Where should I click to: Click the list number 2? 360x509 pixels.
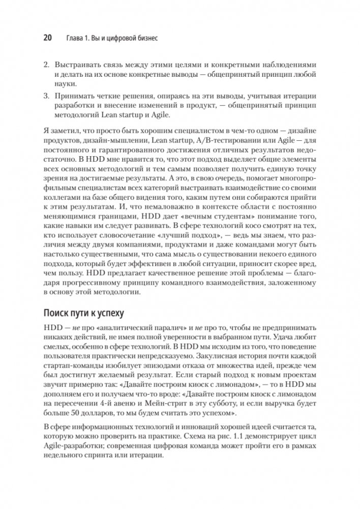point(45,66)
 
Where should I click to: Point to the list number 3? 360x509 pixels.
point(45,96)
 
